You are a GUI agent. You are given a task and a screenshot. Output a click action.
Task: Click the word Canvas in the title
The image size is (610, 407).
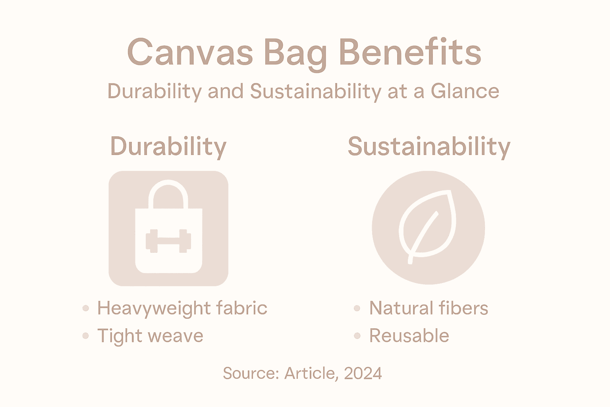[x=190, y=52]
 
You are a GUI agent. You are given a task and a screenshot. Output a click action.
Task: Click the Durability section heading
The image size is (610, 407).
[x=168, y=147]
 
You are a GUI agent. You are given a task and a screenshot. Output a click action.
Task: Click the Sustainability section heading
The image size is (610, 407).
[x=429, y=147]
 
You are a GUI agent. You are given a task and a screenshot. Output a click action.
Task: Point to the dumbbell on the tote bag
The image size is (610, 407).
[x=168, y=241]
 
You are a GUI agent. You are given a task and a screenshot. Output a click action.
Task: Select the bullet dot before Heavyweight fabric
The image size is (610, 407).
[x=86, y=308]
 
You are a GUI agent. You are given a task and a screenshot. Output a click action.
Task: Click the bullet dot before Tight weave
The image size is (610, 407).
[x=86, y=336]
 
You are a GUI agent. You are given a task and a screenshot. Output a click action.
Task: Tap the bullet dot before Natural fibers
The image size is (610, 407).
[x=357, y=308]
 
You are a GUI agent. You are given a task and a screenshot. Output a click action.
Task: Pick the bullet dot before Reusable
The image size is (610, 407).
[x=357, y=336]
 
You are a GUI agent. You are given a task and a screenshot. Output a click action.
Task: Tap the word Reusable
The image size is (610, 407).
[x=409, y=336]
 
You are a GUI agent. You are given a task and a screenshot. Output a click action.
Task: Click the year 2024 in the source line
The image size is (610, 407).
[x=363, y=373]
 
